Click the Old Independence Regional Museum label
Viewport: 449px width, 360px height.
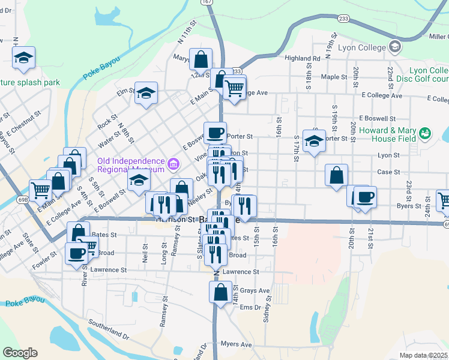pos(131,165)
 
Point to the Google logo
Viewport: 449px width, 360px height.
pos(20,352)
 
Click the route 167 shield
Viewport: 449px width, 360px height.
pos(208,2)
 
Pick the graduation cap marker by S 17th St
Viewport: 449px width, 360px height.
pos(313,140)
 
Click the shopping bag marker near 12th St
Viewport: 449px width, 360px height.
pos(200,59)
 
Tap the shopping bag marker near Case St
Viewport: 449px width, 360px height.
pos(337,175)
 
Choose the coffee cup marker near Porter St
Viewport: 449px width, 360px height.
pos(215,132)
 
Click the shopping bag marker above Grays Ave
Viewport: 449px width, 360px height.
pos(220,292)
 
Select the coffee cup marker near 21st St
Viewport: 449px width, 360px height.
pos(364,196)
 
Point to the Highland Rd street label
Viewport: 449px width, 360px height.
pos(303,59)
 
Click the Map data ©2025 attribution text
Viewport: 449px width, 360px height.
pos(424,355)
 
